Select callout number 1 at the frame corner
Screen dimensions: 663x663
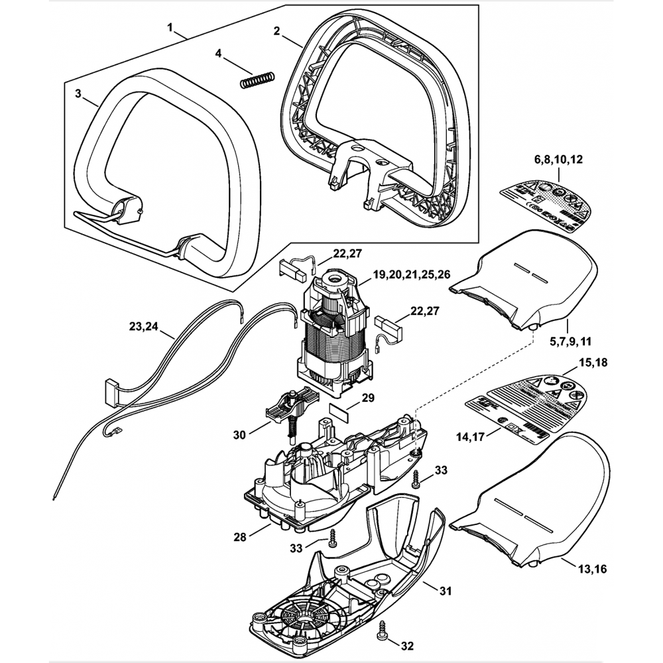point(170,29)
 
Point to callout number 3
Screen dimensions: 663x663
point(78,93)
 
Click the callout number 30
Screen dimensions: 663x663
point(241,436)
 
